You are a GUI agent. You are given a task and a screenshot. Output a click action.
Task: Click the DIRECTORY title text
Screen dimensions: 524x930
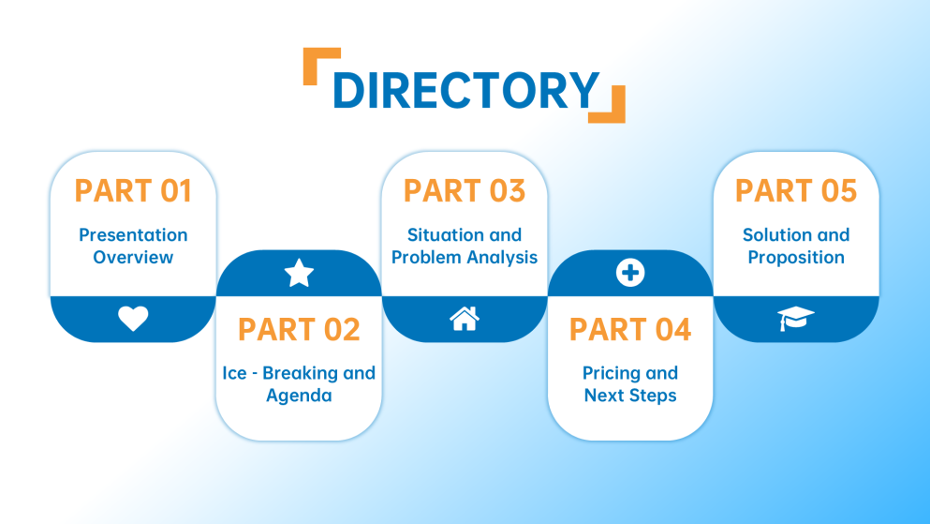pos(465,90)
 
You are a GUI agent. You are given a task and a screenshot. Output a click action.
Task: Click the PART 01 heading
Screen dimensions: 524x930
pos(133,190)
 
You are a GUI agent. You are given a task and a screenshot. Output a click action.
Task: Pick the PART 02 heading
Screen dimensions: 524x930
pos(299,329)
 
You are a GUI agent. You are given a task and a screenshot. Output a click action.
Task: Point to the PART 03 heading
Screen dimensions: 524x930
pos(465,190)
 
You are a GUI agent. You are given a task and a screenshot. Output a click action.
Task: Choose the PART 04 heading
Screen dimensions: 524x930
pos(630,329)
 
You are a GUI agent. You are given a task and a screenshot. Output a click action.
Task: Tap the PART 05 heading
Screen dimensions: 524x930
pos(796,190)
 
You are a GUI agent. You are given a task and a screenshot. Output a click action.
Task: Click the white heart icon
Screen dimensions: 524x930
pos(133,319)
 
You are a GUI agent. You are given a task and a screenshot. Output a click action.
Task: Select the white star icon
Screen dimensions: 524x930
pos(299,274)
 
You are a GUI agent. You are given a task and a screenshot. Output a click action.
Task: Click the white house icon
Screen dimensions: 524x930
pos(465,319)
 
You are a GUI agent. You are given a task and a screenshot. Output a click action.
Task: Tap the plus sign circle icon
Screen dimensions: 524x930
pos(630,273)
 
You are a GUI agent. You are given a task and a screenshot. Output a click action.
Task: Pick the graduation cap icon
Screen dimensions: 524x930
pos(796,319)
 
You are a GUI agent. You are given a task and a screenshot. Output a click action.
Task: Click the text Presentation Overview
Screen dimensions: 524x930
pos(133,246)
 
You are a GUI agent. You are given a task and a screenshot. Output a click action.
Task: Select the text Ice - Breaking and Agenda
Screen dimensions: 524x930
pos(299,384)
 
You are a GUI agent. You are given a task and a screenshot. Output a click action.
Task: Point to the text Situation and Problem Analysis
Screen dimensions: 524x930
pos(465,246)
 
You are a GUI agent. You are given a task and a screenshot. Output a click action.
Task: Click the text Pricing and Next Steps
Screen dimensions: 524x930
pos(630,384)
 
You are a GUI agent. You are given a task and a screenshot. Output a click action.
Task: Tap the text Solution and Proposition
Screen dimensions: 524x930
pos(796,246)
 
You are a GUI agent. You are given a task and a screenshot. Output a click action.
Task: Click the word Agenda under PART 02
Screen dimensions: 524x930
pos(299,396)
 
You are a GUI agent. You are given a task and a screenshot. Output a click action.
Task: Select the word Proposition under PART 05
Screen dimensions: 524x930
pos(796,257)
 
